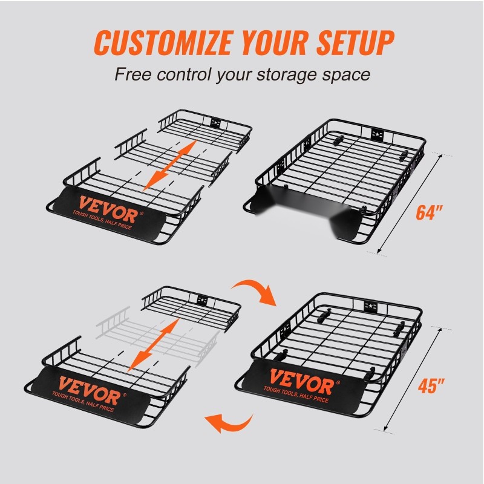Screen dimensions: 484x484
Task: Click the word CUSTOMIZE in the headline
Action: (163, 42)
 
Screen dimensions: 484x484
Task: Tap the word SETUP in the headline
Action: (355, 42)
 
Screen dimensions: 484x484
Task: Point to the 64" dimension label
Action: (429, 212)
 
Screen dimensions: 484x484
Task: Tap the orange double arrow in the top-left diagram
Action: (170, 165)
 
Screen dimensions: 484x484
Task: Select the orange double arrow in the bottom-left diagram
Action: (154, 345)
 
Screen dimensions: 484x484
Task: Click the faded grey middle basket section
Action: (157, 336)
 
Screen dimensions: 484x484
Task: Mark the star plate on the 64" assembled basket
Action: (377, 134)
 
